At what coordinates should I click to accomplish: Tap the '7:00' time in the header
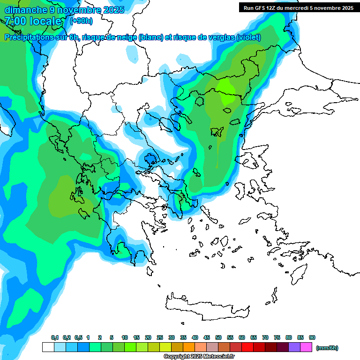coord(14,21)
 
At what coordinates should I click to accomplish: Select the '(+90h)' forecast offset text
coord(81,21)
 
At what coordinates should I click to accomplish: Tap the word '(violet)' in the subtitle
coord(248,37)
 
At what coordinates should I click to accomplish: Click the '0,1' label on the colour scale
coord(55,337)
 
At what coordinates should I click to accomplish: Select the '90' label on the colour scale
coord(312,337)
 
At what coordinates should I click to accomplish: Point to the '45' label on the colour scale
coord(207,337)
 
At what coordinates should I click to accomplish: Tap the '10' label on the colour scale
coord(125,337)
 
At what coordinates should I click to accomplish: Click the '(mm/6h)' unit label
coord(327,348)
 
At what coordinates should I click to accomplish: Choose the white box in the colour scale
coord(48,347)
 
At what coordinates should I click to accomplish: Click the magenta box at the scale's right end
coord(306,347)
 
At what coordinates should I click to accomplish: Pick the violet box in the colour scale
coord(294,347)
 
